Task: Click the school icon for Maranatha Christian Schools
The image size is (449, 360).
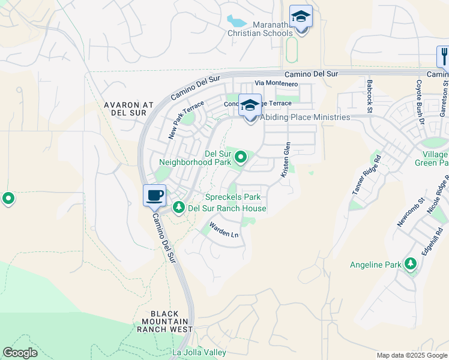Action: coord(301,17)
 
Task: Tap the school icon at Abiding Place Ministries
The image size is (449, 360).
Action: coord(250,107)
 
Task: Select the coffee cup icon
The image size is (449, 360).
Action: coord(154,196)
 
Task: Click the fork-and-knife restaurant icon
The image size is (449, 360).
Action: coord(444,57)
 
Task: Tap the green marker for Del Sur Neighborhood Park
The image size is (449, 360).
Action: coord(241,158)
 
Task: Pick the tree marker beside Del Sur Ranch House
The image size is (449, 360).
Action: coord(178,208)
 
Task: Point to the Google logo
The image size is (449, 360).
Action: coord(20,353)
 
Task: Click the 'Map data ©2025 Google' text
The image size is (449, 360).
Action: coord(411,355)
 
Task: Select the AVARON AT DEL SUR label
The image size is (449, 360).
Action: coord(129,109)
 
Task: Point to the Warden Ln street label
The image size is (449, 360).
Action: coord(223,230)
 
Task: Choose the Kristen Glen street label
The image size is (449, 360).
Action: coord(286,160)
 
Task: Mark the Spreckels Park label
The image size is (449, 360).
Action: coord(233,197)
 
